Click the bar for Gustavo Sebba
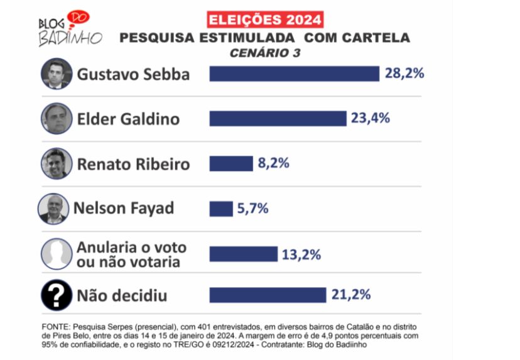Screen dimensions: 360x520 (294, 74)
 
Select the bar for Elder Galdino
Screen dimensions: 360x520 (278, 118)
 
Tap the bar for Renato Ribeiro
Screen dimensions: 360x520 (230, 163)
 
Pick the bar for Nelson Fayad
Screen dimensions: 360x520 (220, 209)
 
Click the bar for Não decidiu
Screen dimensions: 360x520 (268, 295)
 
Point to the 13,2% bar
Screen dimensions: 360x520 (243, 254)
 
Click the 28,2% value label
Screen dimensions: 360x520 (405, 73)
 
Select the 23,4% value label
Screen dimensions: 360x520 (371, 117)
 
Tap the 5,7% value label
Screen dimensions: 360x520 (252, 208)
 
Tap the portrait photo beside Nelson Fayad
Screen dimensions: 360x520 (53, 209)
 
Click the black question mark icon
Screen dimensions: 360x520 (57, 295)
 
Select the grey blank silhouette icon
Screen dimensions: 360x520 (57, 254)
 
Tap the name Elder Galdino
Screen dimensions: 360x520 (128, 119)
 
